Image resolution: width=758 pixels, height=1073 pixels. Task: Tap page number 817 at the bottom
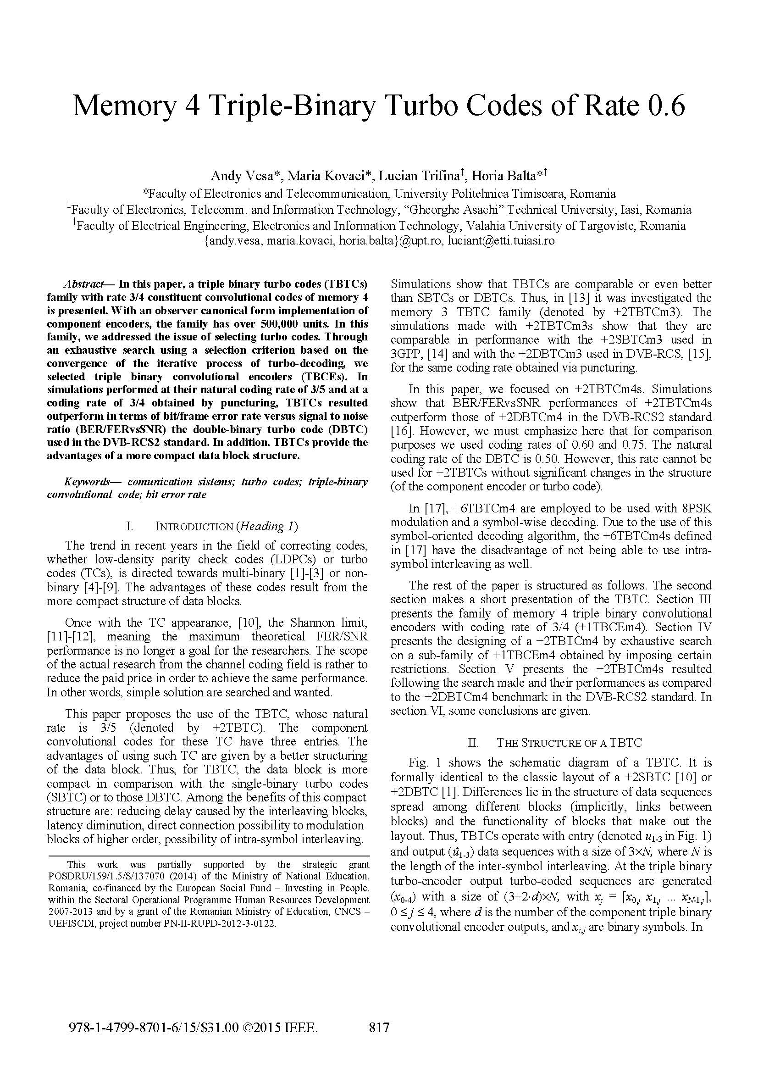click(x=379, y=1027)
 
